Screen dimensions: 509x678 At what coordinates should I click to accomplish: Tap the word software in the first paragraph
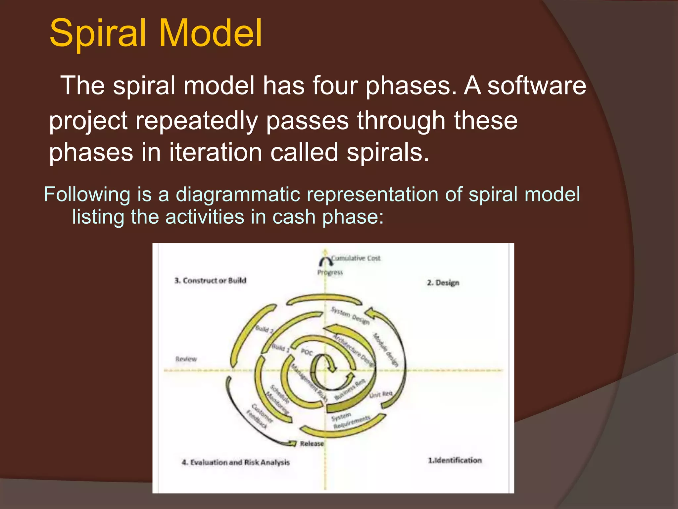click(536, 85)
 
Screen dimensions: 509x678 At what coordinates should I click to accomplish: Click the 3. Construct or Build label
click(210, 280)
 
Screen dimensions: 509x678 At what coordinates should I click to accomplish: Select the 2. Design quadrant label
click(443, 283)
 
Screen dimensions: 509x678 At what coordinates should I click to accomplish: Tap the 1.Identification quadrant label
click(455, 460)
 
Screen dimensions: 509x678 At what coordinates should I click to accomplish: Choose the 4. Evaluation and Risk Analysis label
click(235, 462)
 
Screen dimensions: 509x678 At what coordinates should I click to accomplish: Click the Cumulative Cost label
click(356, 258)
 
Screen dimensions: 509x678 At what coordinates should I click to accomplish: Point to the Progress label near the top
click(330, 272)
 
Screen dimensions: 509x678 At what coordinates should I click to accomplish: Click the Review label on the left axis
click(186, 359)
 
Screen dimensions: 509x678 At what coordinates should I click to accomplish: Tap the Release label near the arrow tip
click(312, 443)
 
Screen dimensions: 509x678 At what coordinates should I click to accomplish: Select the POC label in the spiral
click(307, 352)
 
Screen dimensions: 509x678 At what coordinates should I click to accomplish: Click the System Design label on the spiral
click(350, 315)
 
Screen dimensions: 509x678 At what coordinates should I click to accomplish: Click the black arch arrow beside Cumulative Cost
click(326, 261)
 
